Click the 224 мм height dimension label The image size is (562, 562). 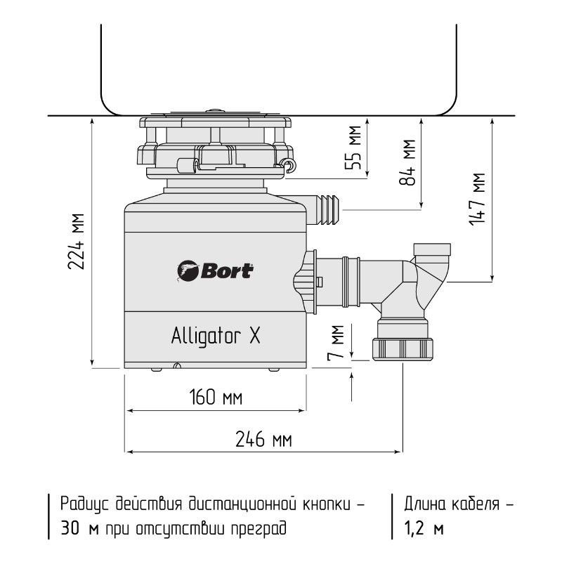coord(76,241)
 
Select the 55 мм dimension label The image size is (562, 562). coord(353,148)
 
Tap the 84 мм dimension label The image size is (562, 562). coord(407,162)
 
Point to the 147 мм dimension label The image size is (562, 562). coord(477,199)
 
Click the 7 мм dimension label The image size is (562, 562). coord(336,342)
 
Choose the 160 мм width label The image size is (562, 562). coord(216,397)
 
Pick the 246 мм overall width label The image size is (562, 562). coord(263,439)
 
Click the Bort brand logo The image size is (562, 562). coord(216,270)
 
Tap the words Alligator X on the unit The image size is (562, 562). coord(216,336)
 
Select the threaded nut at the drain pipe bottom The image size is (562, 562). coord(403,348)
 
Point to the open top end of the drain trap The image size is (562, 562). coord(432,249)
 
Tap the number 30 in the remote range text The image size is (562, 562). coord(70,528)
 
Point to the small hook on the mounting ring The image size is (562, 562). coord(289,164)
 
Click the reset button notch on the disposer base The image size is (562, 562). coord(177,365)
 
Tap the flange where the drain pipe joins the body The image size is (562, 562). coord(311,282)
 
